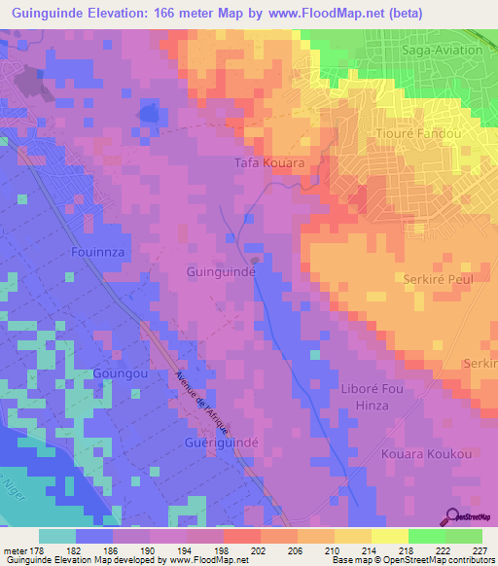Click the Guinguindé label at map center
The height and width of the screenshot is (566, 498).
point(221,273)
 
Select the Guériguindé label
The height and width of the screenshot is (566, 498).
point(221,442)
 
